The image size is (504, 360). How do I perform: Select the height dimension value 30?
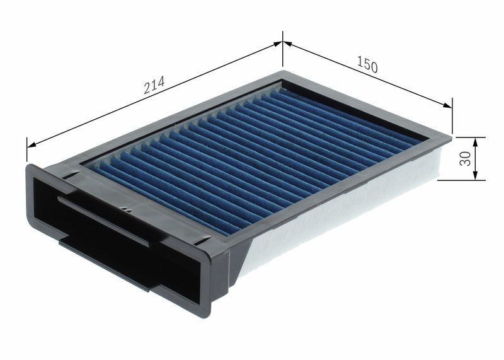[466, 158]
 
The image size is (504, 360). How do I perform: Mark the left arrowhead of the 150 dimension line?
[287, 44]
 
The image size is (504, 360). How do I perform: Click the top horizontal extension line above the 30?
[466, 137]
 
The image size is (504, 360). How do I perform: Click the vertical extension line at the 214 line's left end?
[27, 151]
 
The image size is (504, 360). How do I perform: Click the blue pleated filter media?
[252, 158]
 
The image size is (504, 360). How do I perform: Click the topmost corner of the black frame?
[283, 72]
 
